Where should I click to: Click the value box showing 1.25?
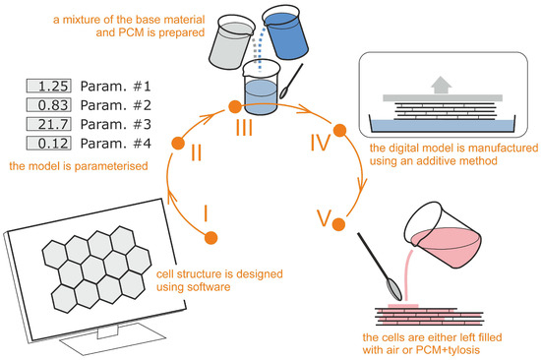coord(48,86)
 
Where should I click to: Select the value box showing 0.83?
coord(48,105)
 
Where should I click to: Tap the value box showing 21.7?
coord(48,124)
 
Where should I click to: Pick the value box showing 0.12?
coord(48,143)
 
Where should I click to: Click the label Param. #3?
coord(116,124)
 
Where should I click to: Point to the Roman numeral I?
coord(206,213)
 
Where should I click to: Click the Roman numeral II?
coord(197,152)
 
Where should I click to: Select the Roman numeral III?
coord(244,127)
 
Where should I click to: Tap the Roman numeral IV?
coord(321,143)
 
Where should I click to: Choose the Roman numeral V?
coord(324,217)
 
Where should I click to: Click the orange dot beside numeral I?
coord(210,238)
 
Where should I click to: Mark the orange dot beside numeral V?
coord(338,224)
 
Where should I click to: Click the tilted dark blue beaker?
coord(285,33)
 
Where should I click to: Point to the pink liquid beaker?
coord(444,235)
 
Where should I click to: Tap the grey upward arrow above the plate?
coord(441,85)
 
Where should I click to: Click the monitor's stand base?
coord(112,339)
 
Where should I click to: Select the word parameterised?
coord(111,166)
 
